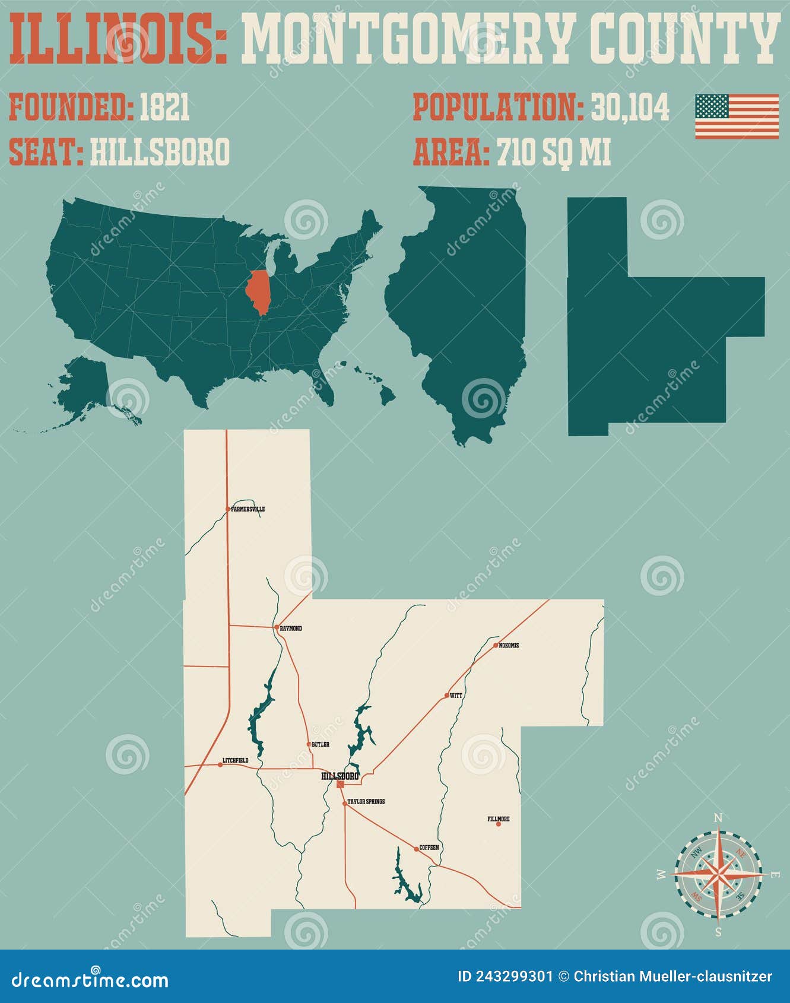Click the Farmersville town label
coord(248,509)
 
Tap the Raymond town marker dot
coord(277,627)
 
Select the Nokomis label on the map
coord(509,646)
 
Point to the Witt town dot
coord(447,695)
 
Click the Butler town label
coord(320,744)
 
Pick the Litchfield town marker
coord(220,765)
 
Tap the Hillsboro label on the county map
coord(340,776)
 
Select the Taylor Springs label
coord(366,802)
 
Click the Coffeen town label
coord(429,848)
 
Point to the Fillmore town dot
coord(499,824)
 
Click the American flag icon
coord(737,116)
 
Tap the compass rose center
coord(718,874)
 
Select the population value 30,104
coord(630,107)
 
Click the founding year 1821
coord(164,107)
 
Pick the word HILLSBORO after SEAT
coord(160,152)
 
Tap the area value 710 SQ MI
coord(553,152)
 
